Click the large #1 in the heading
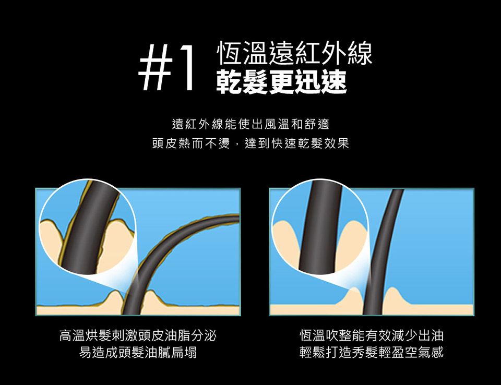click(166, 67)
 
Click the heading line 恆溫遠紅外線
click(294, 53)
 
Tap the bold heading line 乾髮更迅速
click(281, 82)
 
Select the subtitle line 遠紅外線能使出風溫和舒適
click(250, 124)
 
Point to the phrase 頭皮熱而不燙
click(191, 143)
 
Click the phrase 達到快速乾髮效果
click(297, 143)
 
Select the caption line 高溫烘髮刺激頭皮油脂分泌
click(138, 335)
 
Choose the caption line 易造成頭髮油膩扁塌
click(138, 353)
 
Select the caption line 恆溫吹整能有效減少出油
click(372, 335)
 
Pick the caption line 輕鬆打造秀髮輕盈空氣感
click(372, 353)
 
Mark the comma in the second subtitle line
click(237, 146)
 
